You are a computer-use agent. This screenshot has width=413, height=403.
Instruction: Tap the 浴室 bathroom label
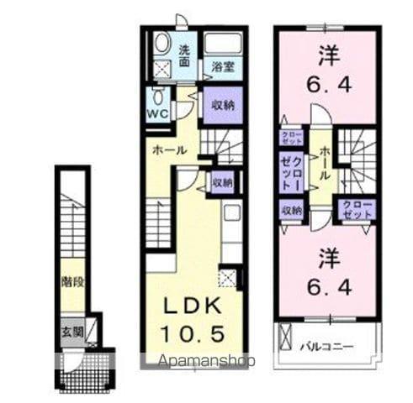[222, 67]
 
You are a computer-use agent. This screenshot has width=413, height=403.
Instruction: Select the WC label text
[158, 113]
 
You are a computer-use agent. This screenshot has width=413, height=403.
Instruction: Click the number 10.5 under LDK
[193, 333]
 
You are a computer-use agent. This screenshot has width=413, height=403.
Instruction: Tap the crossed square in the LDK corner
[227, 277]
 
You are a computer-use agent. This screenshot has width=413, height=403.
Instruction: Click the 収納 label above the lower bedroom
[291, 210]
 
